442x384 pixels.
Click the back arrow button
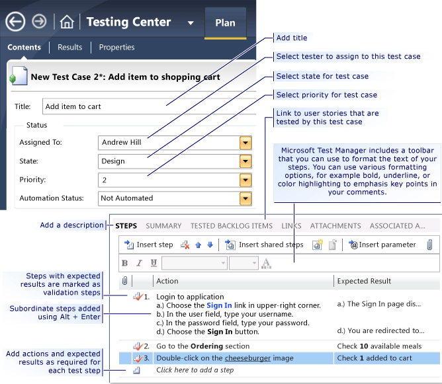tap(15, 22)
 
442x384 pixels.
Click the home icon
tap(67, 22)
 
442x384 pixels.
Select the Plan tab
tap(225, 23)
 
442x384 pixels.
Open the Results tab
tap(70, 48)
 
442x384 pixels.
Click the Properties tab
tap(116, 48)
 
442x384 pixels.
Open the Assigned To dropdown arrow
tap(245, 142)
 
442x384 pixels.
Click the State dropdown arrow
tap(245, 161)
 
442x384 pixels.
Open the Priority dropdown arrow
tap(245, 179)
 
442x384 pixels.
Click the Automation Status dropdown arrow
tap(245, 198)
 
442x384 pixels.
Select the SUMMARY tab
tap(163, 226)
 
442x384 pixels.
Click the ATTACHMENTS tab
tap(335, 226)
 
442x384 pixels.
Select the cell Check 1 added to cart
tap(375, 358)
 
